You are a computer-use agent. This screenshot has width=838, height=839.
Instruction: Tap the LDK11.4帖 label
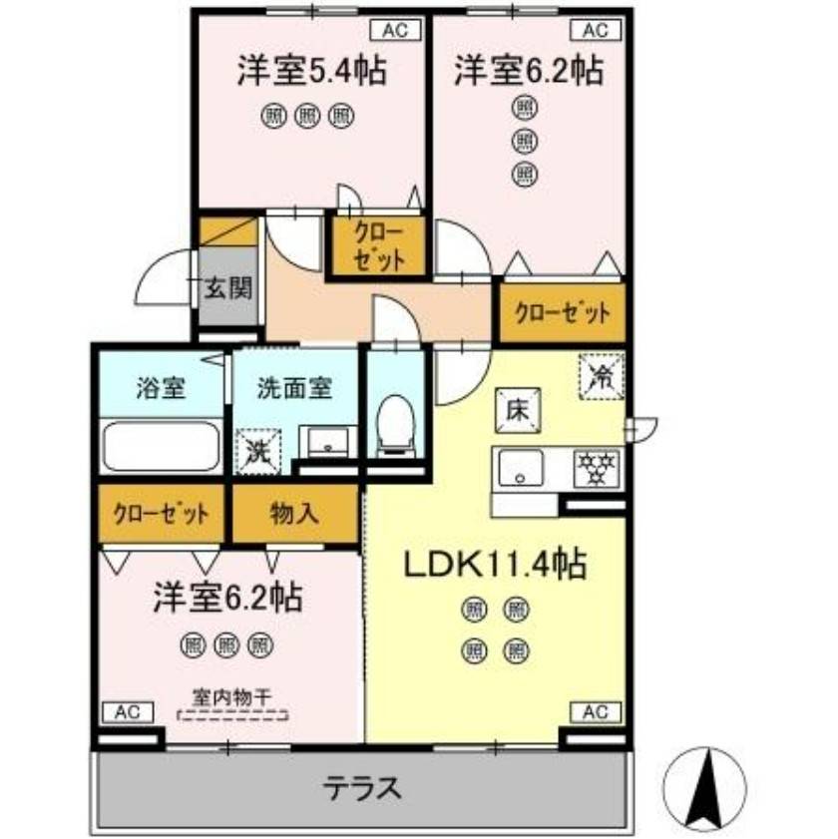(x=494, y=566)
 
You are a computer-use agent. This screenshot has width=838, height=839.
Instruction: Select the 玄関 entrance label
(x=227, y=288)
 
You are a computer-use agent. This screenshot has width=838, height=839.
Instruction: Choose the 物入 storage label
(x=294, y=514)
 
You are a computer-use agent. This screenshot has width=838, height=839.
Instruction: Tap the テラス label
(x=361, y=789)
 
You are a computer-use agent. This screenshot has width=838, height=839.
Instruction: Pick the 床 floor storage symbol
(x=517, y=409)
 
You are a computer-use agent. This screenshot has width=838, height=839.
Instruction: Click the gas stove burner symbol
(x=598, y=467)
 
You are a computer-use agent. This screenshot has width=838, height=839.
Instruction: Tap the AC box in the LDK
(x=595, y=712)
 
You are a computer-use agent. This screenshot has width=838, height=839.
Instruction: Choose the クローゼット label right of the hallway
(x=562, y=313)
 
